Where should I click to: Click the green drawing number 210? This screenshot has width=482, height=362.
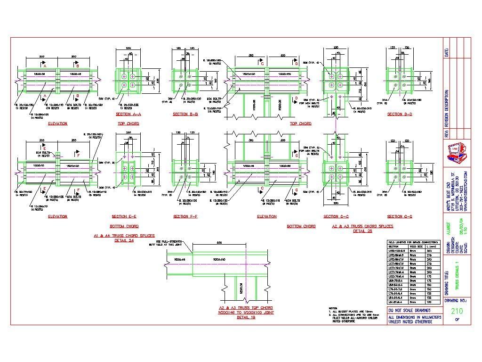(457, 311)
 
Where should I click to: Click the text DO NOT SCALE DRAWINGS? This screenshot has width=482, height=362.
(409, 311)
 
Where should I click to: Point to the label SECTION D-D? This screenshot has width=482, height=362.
(400, 114)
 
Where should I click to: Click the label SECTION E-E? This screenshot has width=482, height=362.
(124, 216)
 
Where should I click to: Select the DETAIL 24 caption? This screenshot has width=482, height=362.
(124, 240)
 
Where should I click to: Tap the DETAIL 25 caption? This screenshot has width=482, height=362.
(362, 231)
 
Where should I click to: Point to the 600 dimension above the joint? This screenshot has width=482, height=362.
(219, 243)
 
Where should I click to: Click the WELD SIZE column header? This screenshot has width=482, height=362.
(414, 246)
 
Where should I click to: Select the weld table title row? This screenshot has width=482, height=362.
(413, 242)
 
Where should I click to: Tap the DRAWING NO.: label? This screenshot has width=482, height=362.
(456, 300)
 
